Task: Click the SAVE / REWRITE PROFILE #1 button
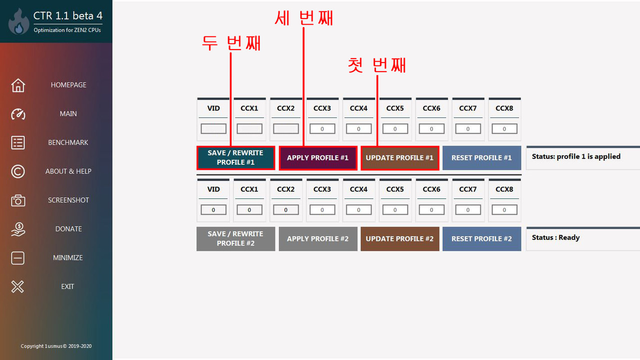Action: (x=235, y=157)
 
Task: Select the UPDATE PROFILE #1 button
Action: (x=399, y=157)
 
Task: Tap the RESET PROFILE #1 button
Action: (x=481, y=157)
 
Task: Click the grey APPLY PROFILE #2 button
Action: (x=317, y=239)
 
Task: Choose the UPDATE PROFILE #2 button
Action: (x=399, y=239)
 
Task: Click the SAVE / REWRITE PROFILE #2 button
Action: (x=235, y=239)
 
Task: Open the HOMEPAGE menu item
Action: (x=68, y=85)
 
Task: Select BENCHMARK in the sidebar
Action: (x=68, y=142)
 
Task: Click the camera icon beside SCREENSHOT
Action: (x=18, y=200)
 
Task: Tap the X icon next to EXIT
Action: (x=18, y=286)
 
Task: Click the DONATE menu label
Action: (x=68, y=229)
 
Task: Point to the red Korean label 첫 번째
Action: (x=377, y=65)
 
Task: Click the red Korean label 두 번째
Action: (x=231, y=43)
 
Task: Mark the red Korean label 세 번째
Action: (x=303, y=18)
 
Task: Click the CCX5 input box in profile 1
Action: (x=395, y=129)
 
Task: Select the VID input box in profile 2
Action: (x=213, y=210)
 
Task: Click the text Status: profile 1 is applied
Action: (x=576, y=156)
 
